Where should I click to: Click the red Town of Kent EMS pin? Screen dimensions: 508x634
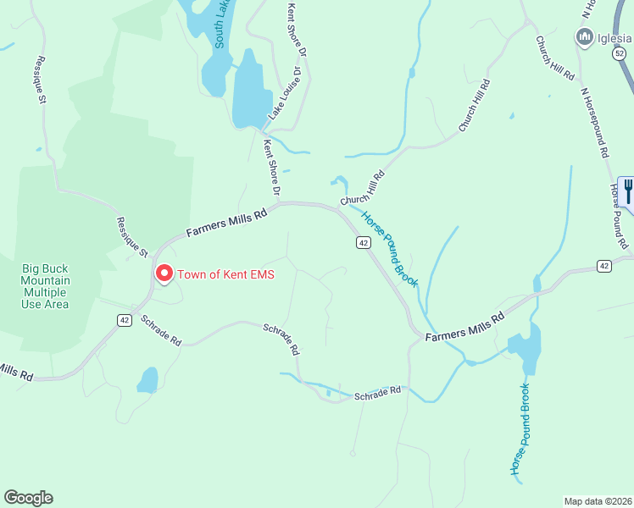[163, 274]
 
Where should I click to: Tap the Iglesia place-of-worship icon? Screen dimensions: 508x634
[583, 37]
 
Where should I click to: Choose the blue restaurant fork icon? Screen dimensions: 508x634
[628, 190]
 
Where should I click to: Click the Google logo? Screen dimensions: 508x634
[28, 498]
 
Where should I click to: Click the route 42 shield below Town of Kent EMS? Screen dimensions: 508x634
[124, 319]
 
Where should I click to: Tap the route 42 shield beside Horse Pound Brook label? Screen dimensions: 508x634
[362, 243]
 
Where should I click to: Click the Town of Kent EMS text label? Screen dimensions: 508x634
[225, 274]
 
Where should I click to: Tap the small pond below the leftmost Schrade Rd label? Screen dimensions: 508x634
[148, 379]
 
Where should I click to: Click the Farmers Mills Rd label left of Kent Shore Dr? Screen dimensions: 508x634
[226, 224]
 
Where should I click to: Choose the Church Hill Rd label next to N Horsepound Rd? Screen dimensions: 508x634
[554, 58]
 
